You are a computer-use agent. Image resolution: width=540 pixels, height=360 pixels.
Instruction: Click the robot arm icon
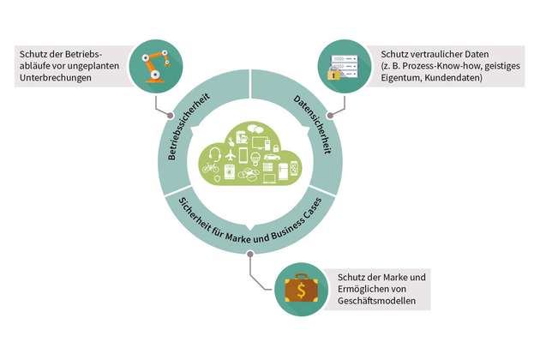pyautogui.click(x=154, y=66)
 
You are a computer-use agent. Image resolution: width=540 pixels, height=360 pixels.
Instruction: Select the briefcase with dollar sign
pyautogui.click(x=299, y=290)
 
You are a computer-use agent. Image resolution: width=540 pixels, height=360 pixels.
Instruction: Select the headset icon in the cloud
pyautogui.click(x=212, y=157)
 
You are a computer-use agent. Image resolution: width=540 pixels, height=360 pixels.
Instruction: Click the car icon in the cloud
pyautogui.click(x=270, y=158)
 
